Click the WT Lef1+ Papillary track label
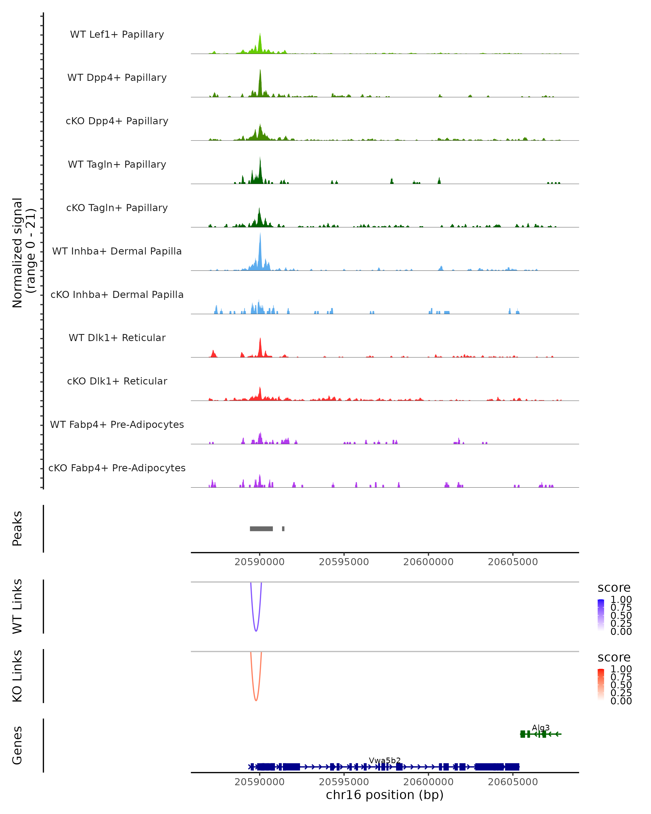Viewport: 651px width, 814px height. [117, 34]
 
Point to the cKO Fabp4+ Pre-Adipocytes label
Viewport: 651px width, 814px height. [117, 468]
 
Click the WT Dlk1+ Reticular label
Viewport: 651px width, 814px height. [117, 338]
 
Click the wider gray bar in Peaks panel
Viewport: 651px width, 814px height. [261, 529]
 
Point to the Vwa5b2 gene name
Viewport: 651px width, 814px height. [385, 760]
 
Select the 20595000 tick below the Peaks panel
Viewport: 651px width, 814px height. [344, 562]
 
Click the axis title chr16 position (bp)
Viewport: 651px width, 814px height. [385, 795]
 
